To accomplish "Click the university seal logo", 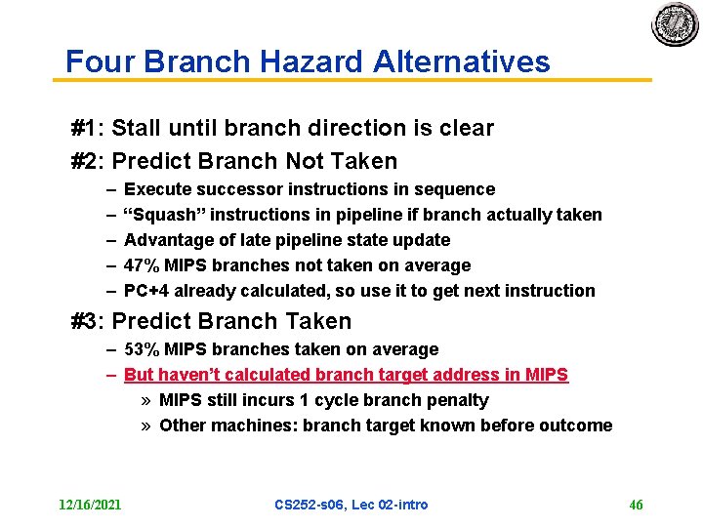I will (675, 25).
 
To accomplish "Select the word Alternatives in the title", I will (461, 62).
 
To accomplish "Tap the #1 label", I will (88, 128).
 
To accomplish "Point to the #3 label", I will (88, 321).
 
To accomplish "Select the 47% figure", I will (142, 265).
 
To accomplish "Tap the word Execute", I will (156, 189).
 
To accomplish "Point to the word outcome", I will (579, 426).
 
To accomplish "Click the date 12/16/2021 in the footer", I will (90, 505).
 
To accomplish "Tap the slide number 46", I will (636, 505).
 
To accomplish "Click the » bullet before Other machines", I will (145, 426).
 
